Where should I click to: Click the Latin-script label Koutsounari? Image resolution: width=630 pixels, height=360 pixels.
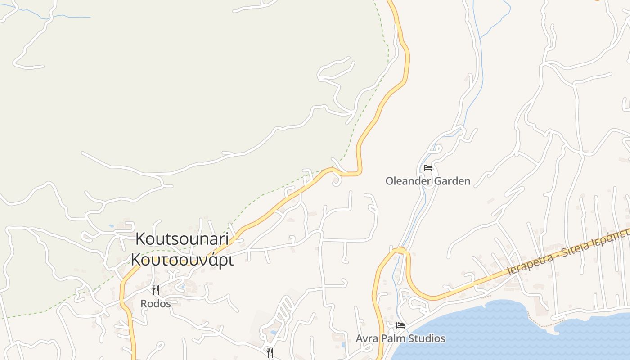pos(182,239)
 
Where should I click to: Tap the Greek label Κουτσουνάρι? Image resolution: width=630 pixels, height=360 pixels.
pos(182,260)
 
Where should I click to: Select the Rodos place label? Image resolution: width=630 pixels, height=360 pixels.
pos(156,304)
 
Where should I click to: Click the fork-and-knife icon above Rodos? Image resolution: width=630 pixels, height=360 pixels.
pos(156,290)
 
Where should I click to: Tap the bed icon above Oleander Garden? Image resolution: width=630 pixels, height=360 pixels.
pos(428,168)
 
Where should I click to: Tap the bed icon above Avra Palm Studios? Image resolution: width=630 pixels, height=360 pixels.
pos(400,325)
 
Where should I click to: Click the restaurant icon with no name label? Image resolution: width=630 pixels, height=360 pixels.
pos(270,352)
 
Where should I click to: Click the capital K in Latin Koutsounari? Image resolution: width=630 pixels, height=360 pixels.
pos(140,239)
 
